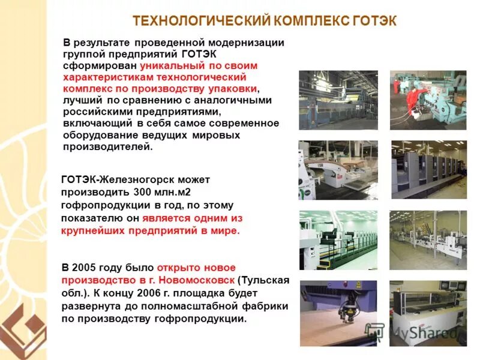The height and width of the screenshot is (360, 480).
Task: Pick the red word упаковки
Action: coord(235,89)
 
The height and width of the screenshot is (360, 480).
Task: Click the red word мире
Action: coord(226,231)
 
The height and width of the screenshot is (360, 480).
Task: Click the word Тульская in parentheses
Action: coord(265,280)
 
